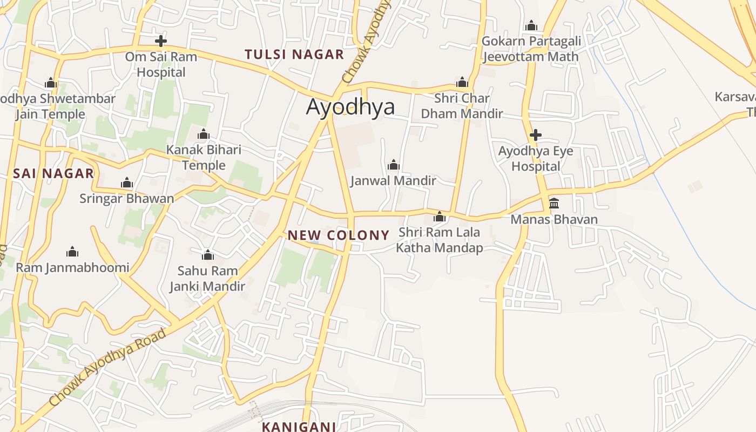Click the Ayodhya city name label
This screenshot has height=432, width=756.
coord(350,107)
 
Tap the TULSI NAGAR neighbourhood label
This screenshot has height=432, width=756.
coord(294,55)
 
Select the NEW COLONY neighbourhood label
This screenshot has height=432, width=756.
coord(338,235)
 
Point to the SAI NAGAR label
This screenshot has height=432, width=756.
coord(53,173)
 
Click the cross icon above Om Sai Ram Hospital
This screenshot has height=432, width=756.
coord(160,40)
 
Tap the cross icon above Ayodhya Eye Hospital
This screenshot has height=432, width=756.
coord(535,134)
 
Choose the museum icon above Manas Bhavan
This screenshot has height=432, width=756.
coord(554,204)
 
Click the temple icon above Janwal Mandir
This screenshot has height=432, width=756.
coord(394,164)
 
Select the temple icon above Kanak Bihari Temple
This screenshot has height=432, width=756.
coord(204,134)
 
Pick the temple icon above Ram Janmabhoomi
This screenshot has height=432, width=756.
coord(72,252)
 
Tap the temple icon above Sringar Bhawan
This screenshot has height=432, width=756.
coord(127,183)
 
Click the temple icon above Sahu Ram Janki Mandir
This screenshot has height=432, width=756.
coord(207,255)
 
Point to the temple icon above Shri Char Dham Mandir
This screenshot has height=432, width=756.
coord(462,82)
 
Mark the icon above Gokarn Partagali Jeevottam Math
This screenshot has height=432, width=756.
coord(531,25)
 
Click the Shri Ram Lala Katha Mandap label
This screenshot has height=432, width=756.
coord(439,240)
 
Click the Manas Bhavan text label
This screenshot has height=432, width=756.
coord(554,220)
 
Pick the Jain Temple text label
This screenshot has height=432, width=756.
coord(50,114)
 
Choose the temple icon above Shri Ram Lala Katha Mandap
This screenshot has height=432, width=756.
coord(440,217)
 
